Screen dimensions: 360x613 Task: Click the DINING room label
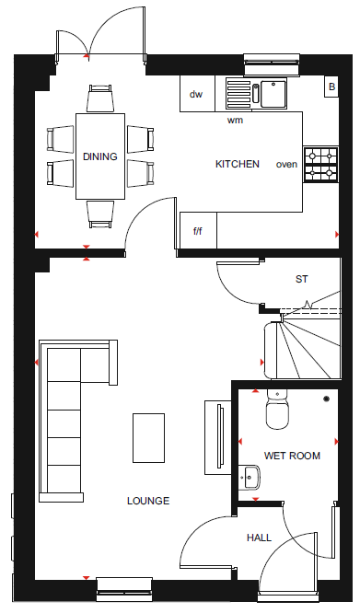[x=100, y=156]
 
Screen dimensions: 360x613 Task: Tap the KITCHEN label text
[x=238, y=164]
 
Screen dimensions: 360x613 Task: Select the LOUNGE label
[x=148, y=501]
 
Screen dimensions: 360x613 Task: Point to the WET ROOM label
[x=292, y=456]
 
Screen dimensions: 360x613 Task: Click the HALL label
[x=259, y=538]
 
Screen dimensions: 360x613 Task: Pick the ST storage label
[x=302, y=279]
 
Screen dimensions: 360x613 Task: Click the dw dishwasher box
[x=197, y=94]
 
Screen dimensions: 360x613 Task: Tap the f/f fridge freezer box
[x=198, y=231]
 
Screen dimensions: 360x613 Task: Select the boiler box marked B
[x=331, y=87]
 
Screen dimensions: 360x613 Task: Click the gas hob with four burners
[x=321, y=165]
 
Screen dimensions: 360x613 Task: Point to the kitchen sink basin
[x=273, y=94]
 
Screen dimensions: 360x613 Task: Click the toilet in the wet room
[x=277, y=409]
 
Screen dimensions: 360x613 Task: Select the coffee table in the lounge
[x=148, y=438]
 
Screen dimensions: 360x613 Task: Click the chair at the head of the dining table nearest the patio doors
[x=100, y=98]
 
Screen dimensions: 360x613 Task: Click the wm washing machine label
[x=235, y=121]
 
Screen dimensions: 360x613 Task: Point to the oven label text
[x=286, y=165]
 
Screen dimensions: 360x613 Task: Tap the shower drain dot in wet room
[x=326, y=399]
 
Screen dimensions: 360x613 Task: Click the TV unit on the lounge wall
[x=217, y=437]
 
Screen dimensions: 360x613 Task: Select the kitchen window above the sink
[x=272, y=64]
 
